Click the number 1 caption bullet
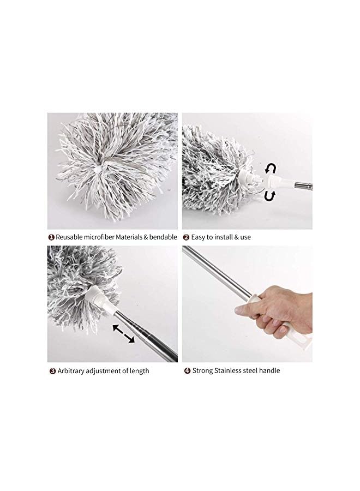[51, 237]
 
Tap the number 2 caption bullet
[185, 237]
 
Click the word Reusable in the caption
[69, 237]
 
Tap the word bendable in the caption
[162, 237]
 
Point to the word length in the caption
[139, 371]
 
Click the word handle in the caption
[269, 371]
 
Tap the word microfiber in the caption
[103, 237]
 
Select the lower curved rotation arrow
[269, 195]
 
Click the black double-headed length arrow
[124, 333]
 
